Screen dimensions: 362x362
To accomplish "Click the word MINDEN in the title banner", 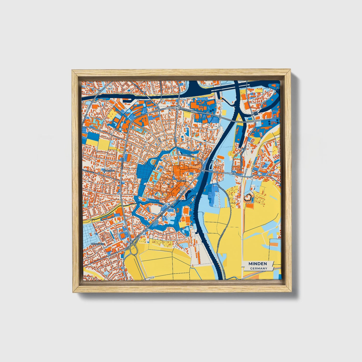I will coord(258,264).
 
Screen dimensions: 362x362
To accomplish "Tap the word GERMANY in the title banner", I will coord(258,268).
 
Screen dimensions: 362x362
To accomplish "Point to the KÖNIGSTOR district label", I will coord(108,171).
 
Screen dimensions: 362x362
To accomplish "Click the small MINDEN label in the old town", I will coord(181,180).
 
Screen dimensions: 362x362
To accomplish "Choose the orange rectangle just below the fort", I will coord(250,205).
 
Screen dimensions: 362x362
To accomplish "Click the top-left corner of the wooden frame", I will coord(72,70).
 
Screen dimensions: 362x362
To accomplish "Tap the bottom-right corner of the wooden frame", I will coord(291,292).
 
